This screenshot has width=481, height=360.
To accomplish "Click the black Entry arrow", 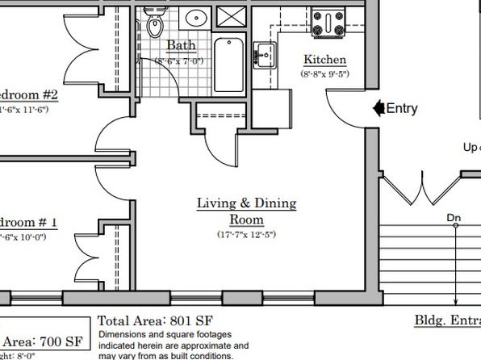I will (x=377, y=108).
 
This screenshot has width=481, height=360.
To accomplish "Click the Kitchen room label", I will (x=324, y=60).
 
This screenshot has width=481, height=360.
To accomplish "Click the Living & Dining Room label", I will (x=246, y=211).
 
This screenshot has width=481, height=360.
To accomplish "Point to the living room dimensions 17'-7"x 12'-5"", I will (x=246, y=236).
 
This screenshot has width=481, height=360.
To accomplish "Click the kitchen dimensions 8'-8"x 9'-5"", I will (x=324, y=73).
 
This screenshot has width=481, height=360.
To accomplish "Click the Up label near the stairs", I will (x=471, y=147).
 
